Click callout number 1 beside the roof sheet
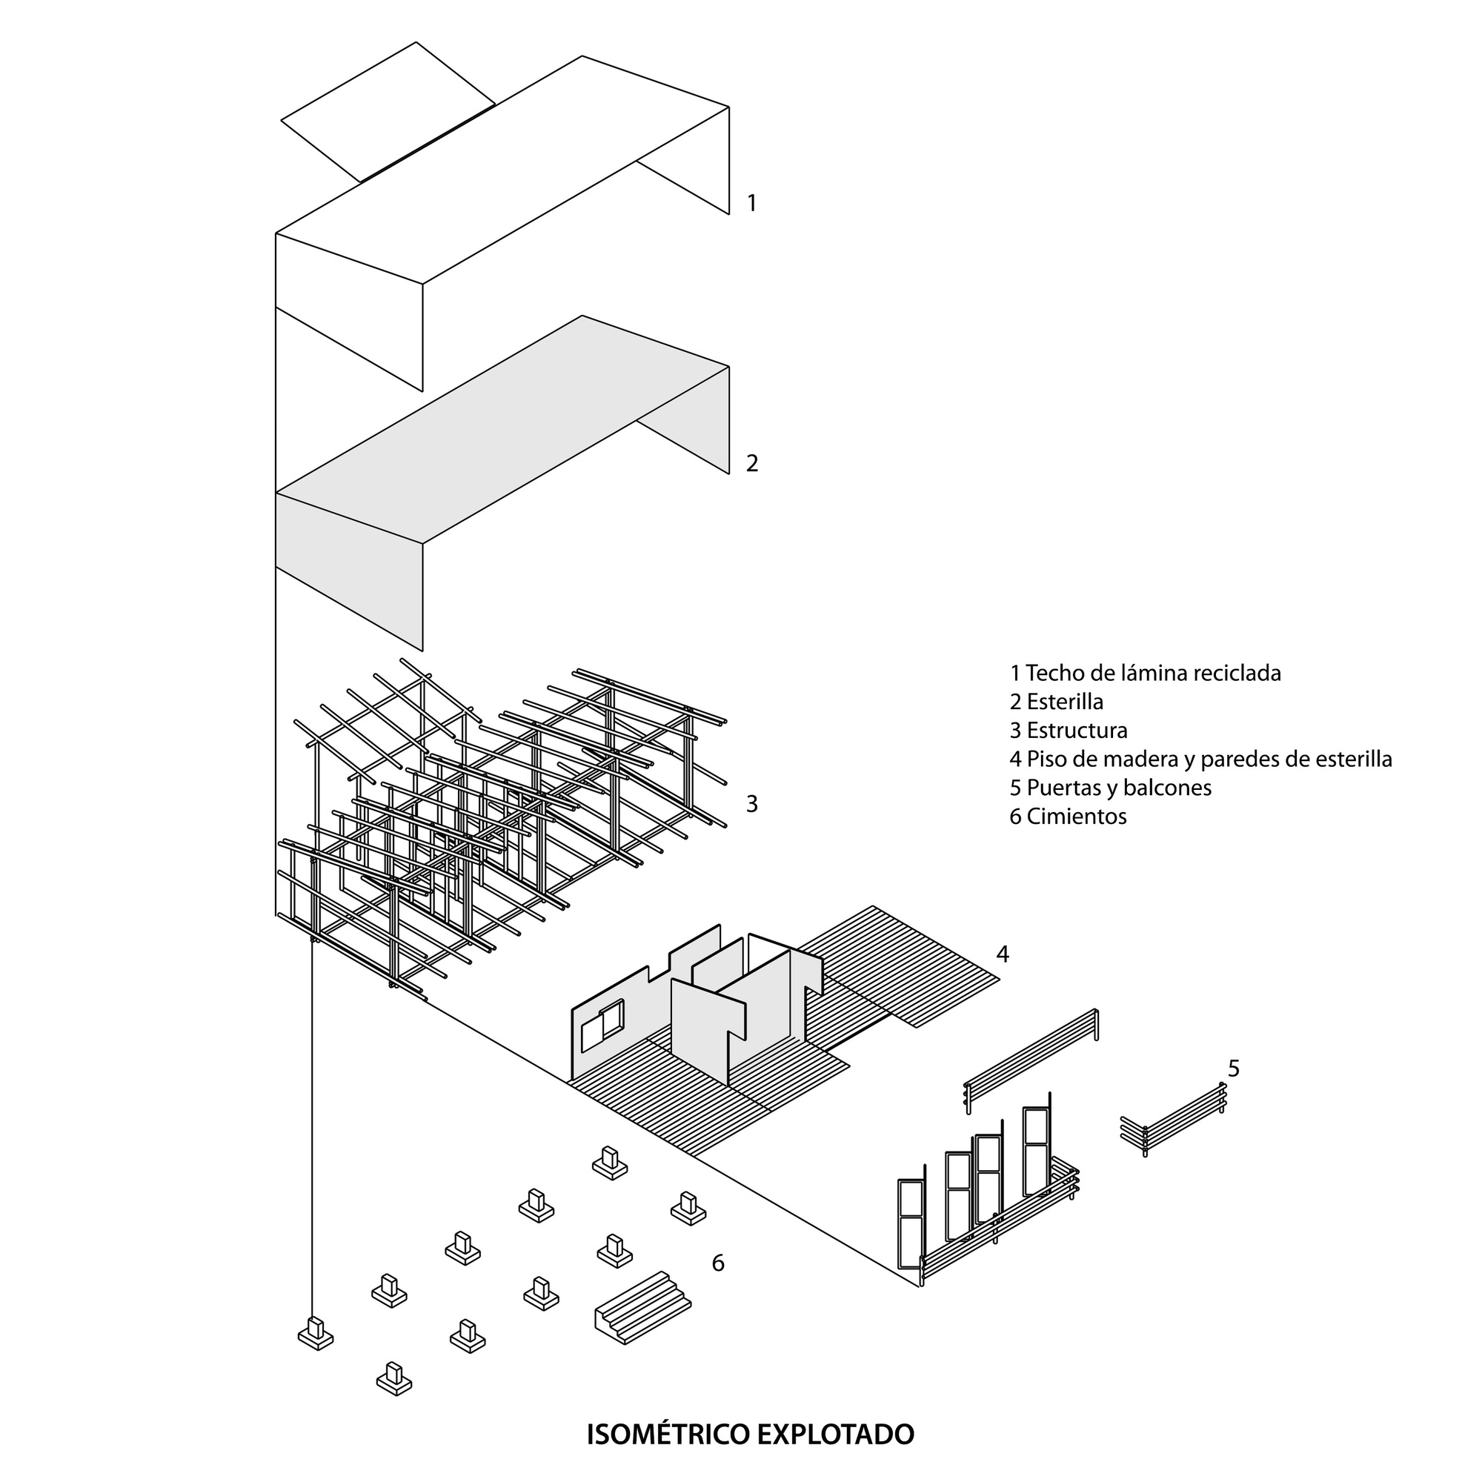click(751, 203)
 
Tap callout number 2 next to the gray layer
click(751, 463)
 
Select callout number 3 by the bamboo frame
click(751, 804)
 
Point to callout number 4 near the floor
click(1002, 954)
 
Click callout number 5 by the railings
click(1234, 1068)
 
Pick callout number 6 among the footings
click(718, 1263)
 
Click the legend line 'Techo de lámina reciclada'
click(1145, 674)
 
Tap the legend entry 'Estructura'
click(1069, 731)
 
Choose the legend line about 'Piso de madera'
click(1200, 760)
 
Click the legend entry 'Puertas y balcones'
click(1110, 788)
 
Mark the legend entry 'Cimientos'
click(1068, 816)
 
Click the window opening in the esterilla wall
click(602, 1026)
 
